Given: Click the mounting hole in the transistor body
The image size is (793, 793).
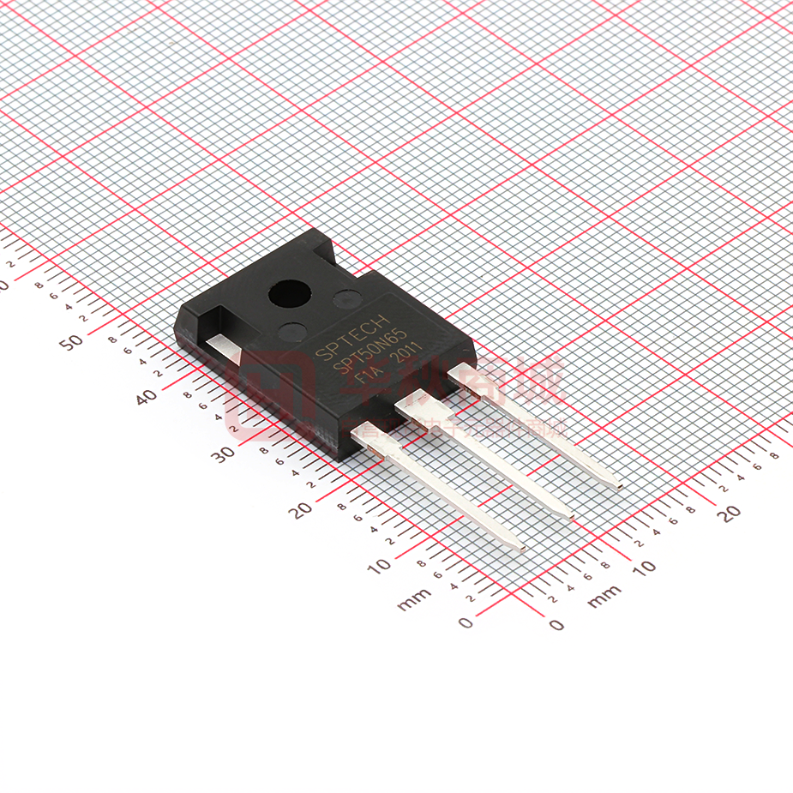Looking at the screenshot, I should pos(290,295).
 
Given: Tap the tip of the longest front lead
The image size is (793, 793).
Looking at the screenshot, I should pos(520,546).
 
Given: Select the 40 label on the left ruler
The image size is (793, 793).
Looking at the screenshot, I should pos(147,397).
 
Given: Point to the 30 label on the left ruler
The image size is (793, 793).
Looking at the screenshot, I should pos(224,454).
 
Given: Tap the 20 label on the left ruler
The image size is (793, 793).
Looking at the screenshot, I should pos(300,511).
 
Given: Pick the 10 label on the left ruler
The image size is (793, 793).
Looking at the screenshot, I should pos(379,566).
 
